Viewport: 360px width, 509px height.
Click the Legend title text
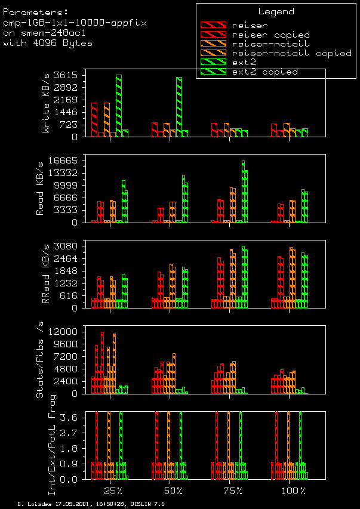[276, 11]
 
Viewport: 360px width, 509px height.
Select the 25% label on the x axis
[113, 491]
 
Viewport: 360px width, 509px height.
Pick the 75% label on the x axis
[233, 491]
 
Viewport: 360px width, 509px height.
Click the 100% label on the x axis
[293, 491]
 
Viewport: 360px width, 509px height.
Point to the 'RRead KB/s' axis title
[47, 274]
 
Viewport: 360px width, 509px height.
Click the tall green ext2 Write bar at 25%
[119, 105]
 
